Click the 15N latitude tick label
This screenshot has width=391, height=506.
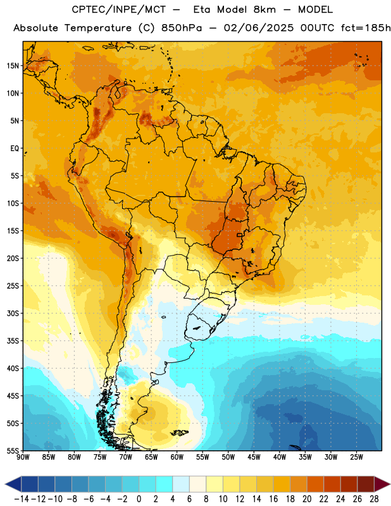(13, 66)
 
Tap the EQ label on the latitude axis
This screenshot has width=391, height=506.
(15, 149)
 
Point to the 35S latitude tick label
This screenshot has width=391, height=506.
(13, 341)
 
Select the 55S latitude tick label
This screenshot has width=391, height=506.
(13, 450)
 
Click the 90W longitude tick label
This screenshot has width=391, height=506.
(23, 457)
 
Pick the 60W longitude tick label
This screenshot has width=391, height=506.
(177, 457)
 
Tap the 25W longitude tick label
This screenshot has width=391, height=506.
(357, 457)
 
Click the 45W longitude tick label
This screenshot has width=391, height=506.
(254, 457)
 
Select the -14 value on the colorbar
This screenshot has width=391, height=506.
(22, 499)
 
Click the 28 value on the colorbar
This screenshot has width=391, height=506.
(374, 499)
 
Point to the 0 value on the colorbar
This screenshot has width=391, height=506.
(139, 499)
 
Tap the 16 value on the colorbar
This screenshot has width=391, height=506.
(273, 499)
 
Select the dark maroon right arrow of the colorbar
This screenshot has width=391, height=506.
(382, 484)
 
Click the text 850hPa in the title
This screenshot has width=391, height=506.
(182, 28)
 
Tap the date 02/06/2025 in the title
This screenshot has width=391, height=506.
(259, 28)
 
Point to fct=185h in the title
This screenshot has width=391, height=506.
(366, 28)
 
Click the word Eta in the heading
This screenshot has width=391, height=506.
(202, 9)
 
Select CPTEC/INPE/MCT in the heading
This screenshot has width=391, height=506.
(119, 9)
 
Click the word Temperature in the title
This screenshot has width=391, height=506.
(98, 28)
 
